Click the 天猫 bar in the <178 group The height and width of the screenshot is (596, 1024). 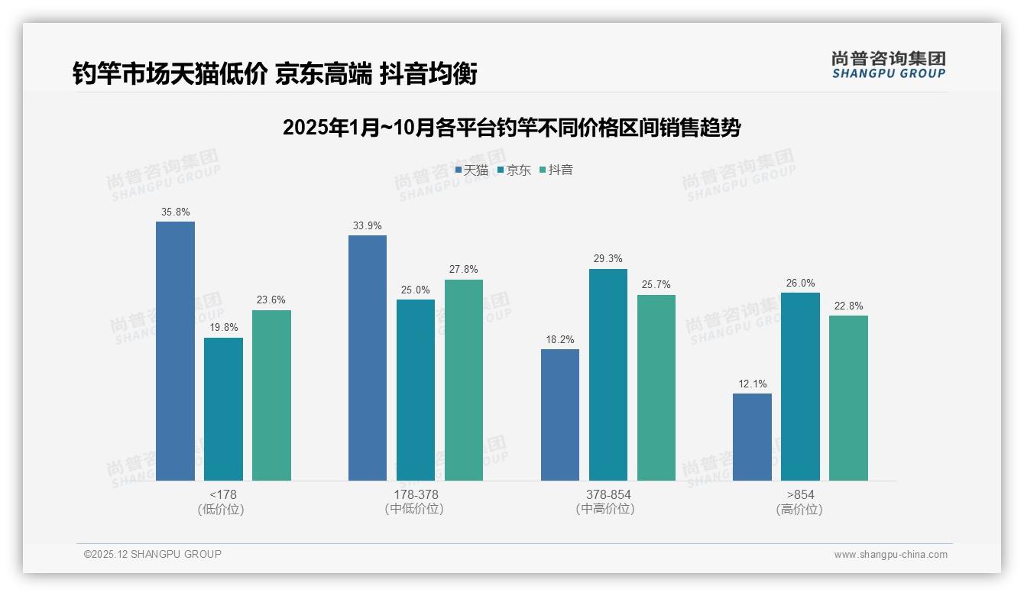(175, 351)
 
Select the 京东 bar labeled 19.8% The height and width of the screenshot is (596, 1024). (223, 409)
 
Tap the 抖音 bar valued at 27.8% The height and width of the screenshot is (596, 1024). (464, 380)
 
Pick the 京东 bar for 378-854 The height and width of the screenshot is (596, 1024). (608, 374)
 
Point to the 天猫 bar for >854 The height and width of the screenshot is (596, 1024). (752, 437)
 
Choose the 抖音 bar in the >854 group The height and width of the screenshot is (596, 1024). (848, 398)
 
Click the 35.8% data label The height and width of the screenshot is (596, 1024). (175, 212)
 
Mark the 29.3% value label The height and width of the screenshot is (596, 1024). (608, 259)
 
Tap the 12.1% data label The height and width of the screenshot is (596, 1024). (752, 384)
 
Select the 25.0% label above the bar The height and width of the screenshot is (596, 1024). (416, 290)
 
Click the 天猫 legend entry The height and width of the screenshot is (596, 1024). (471, 170)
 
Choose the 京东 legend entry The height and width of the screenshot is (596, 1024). (514, 170)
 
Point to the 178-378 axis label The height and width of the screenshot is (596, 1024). (416, 494)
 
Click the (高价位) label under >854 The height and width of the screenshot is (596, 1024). (799, 510)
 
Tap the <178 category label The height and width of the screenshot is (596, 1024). (222, 494)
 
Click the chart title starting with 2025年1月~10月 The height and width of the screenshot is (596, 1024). (511, 128)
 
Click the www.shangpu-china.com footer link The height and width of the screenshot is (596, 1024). (890, 555)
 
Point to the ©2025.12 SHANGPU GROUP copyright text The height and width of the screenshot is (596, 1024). (153, 554)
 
